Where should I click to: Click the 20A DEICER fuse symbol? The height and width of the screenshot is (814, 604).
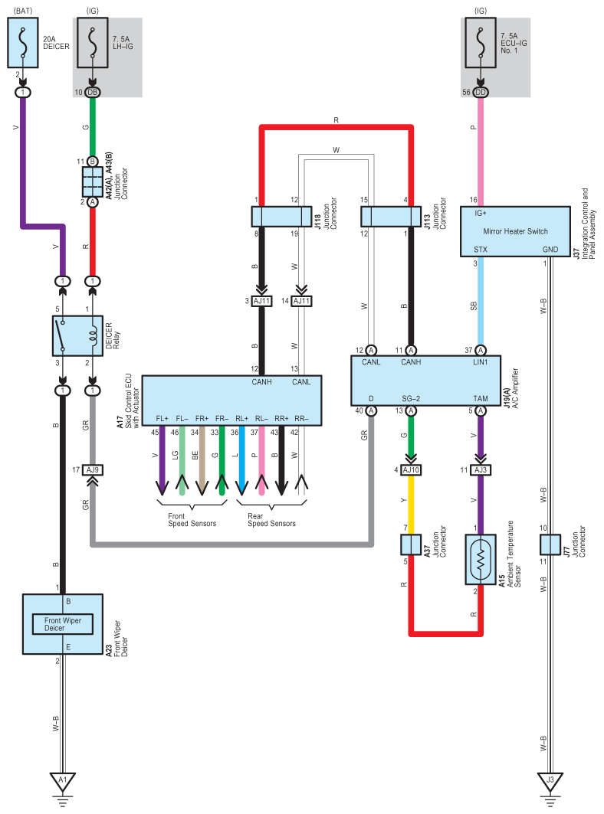point(22,43)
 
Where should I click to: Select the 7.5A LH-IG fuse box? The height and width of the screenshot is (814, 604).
point(93,43)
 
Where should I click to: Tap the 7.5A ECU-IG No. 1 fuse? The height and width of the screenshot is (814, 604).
point(481,43)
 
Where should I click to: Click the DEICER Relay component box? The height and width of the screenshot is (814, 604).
point(77,335)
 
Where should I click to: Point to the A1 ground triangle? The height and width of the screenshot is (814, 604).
point(62,781)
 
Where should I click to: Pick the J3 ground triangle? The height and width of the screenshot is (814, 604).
point(550,781)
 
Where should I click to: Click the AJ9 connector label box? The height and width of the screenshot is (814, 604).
point(93,470)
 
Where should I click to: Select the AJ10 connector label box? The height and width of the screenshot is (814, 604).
point(411,470)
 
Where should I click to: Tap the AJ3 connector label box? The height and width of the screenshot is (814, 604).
point(481,470)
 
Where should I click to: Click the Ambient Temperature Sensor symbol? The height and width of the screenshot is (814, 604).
point(481,560)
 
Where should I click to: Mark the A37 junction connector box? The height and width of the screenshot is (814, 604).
point(411,544)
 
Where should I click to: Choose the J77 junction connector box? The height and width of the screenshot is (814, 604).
point(550,544)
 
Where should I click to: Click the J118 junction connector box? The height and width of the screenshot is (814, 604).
point(282,217)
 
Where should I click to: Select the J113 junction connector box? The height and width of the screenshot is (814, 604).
point(391,217)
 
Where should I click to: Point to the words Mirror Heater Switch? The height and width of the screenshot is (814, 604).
point(515,231)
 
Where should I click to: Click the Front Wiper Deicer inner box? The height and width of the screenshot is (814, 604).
point(62,624)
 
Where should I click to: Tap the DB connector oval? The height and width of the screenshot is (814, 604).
point(93,93)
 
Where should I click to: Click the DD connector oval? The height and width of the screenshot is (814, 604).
point(481,93)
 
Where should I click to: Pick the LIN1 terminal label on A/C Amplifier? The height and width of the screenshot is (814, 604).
point(481,362)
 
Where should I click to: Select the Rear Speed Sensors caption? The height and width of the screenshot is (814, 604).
point(271,520)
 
